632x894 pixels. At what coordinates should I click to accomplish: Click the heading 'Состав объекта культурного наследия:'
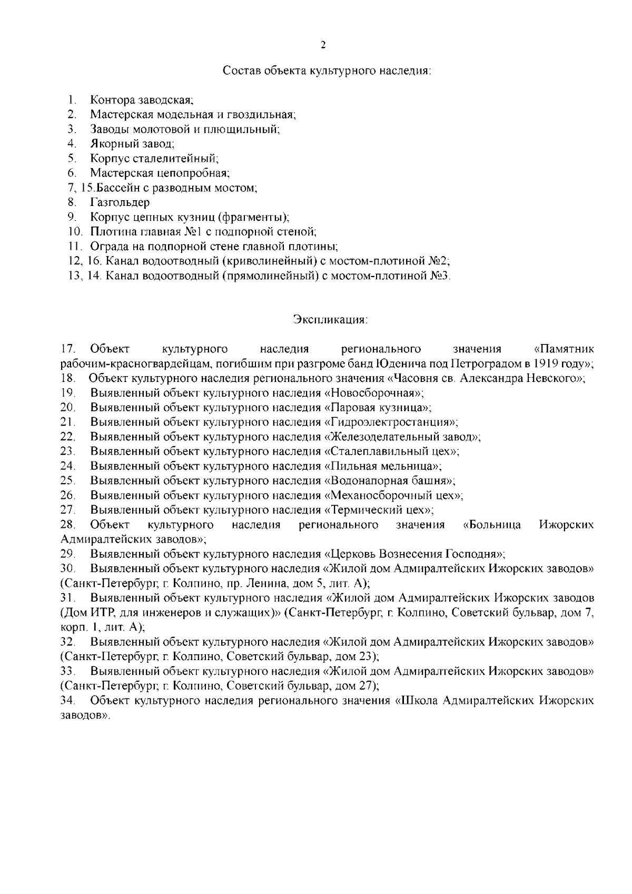coord(327,71)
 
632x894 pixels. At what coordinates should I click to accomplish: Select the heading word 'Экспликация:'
coord(330,319)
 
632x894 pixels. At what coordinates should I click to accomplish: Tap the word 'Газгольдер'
coord(120,202)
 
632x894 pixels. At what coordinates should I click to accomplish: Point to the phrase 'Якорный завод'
coord(132,143)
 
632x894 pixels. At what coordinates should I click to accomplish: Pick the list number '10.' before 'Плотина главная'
coord(75,231)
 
